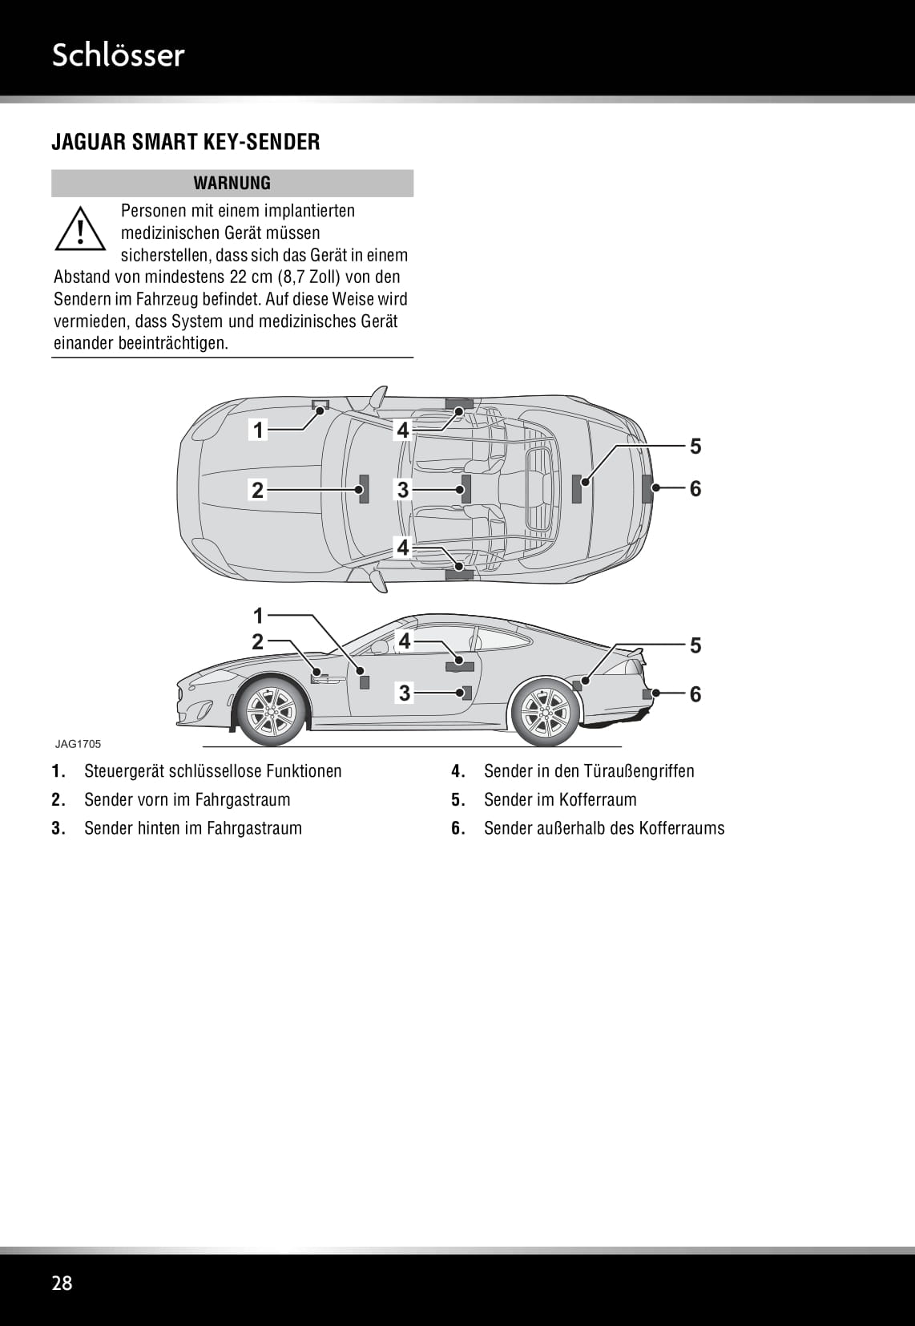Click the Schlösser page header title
click(118, 55)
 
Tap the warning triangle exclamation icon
click(80, 228)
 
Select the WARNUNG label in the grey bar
click(232, 183)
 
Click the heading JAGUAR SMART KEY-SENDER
click(186, 142)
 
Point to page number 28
click(62, 1283)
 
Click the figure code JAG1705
click(78, 743)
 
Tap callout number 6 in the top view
click(695, 488)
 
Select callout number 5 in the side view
click(695, 645)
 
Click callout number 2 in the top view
click(257, 490)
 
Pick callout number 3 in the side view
click(405, 693)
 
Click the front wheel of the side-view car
click(271, 711)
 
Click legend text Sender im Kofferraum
click(560, 799)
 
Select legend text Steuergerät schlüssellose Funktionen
click(212, 770)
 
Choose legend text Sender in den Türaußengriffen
click(589, 770)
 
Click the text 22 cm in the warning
click(249, 277)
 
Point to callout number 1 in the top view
click(258, 431)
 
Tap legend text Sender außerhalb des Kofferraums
click(604, 828)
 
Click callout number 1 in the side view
click(258, 616)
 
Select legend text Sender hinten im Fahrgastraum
click(193, 828)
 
